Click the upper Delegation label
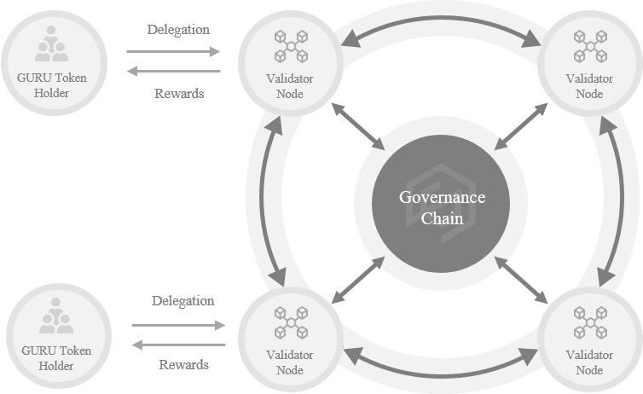177,29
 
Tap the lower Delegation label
182,301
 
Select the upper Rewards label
179,93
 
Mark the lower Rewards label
183,364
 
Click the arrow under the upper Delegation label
173,51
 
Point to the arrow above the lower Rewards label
178,345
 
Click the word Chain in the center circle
443,218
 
